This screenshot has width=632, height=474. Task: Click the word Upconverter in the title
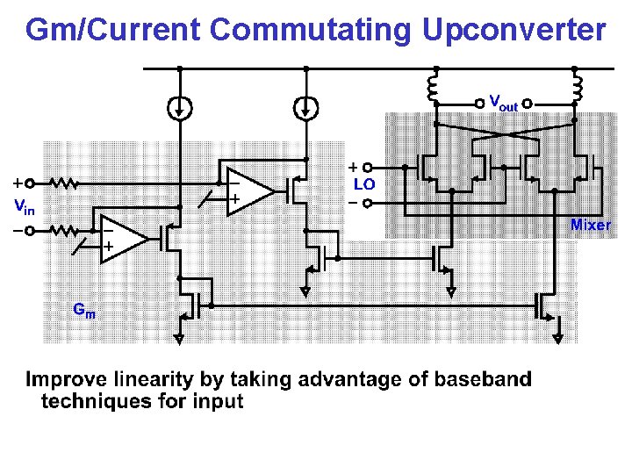point(513,30)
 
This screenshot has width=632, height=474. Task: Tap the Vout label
point(502,103)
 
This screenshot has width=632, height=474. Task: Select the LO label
point(364,184)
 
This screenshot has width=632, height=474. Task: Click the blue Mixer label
point(590,225)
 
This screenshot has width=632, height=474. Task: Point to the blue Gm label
point(85,309)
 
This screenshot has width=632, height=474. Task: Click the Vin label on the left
point(24,208)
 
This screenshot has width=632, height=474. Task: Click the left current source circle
point(179,107)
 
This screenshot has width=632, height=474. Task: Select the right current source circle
point(305,107)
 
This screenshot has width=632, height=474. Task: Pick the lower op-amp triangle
point(122,236)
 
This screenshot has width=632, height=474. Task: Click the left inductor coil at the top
point(433,86)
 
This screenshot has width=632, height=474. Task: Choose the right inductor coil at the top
point(577,86)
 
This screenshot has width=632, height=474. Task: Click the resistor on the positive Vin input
point(64,184)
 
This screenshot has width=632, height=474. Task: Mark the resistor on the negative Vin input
point(64,232)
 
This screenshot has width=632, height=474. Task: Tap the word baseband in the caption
point(486,380)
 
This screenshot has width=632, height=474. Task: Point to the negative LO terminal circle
point(367,204)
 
